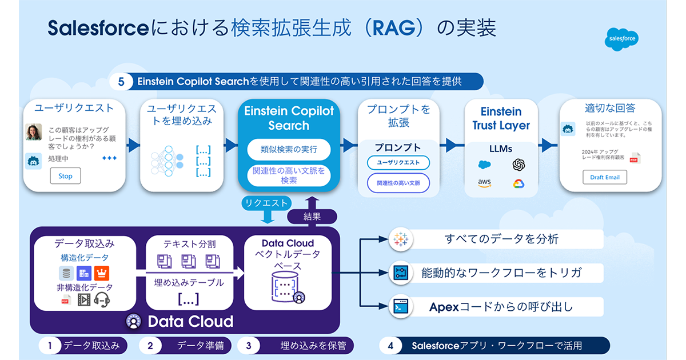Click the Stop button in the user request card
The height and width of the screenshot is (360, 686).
click(65, 176)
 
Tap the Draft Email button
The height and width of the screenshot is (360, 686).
click(605, 177)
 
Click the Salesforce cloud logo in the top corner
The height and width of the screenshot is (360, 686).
click(621, 40)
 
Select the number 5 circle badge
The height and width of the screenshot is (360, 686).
click(121, 82)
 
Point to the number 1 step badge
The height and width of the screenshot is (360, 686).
click(50, 345)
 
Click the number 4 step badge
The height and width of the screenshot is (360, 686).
click(390, 346)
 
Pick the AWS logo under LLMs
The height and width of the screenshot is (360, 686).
click(485, 183)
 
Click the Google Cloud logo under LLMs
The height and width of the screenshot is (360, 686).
click(519, 183)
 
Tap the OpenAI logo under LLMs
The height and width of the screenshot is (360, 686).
click(519, 165)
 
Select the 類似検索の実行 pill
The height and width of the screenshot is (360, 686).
click(289, 150)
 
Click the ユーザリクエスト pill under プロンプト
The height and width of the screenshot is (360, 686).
click(398, 163)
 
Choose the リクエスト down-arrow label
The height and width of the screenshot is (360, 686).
click(266, 203)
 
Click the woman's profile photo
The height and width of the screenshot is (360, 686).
click(34, 132)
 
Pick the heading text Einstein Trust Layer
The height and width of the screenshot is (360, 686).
click(501, 118)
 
